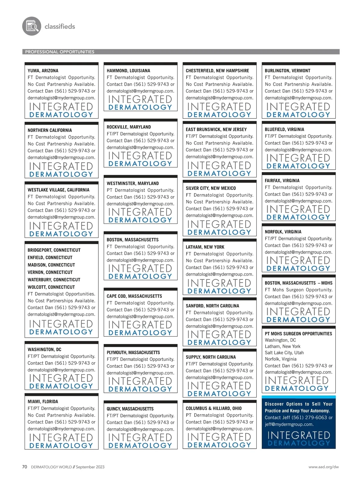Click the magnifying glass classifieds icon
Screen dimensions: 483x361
32,26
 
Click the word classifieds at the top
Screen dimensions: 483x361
60,26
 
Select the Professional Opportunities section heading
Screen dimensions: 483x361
60,52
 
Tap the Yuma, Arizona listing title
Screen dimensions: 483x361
43,71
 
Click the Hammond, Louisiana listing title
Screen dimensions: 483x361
128,71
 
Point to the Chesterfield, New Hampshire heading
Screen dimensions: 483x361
217,71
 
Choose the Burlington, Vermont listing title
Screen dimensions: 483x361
287,71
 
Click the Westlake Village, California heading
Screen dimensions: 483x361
58,190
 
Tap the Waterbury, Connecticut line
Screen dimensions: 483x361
54,280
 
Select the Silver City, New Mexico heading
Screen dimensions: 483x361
211,188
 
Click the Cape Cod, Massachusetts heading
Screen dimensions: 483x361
134,296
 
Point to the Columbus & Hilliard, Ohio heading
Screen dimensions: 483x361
214,408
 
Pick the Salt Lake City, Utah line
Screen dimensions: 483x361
284,353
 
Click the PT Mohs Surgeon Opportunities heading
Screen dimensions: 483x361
298,334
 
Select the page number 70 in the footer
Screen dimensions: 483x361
25,467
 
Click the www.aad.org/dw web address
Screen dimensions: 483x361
323,467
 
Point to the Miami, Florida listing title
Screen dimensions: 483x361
43,401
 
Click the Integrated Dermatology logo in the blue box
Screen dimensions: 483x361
298,439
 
